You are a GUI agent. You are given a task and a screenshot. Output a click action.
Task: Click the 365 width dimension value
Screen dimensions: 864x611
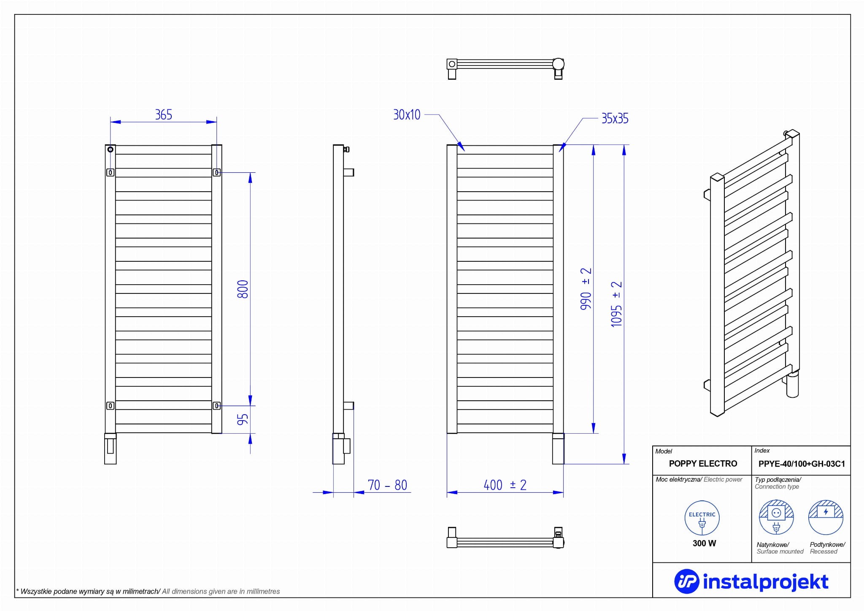164,114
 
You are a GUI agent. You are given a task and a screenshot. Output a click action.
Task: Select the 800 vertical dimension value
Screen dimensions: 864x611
243,289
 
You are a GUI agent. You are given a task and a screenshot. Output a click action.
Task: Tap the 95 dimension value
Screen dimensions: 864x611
243,419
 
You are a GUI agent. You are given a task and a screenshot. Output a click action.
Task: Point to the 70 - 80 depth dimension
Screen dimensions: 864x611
387,485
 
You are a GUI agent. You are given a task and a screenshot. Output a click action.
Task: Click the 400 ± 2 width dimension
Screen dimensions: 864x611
505,485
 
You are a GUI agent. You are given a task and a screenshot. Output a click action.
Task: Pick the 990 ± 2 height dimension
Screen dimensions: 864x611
586,289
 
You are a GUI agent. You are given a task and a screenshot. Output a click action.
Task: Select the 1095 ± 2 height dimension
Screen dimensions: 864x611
616,304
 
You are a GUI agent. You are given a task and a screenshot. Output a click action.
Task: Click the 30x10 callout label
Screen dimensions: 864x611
407,115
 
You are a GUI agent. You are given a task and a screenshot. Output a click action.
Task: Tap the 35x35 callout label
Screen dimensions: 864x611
615,119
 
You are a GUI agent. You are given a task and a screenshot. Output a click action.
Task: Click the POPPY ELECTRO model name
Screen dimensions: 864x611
703,464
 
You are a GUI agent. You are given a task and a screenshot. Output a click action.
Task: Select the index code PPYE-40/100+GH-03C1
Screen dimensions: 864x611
802,464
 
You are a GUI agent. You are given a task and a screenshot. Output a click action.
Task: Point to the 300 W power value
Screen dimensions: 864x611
704,543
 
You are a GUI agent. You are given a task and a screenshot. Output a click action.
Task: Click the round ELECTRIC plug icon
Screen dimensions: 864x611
702,518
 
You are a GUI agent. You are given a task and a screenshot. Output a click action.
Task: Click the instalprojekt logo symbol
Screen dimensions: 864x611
686,581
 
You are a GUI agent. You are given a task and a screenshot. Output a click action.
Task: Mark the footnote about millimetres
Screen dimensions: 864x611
148,592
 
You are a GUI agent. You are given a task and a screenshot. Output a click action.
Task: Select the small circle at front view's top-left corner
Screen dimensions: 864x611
110,149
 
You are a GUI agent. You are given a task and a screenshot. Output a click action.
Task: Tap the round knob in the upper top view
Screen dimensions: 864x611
558,64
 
